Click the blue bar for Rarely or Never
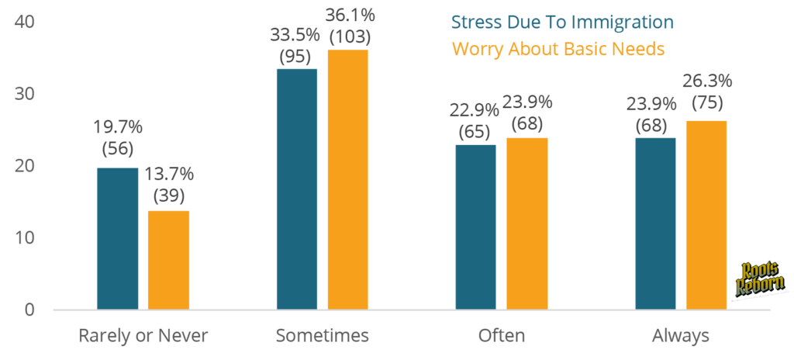click(x=117, y=238)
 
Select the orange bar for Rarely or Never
click(x=168, y=260)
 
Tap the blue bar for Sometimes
click(x=297, y=189)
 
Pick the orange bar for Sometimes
click(x=348, y=179)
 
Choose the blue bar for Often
click(x=475, y=227)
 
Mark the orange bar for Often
click(x=526, y=223)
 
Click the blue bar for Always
click(x=655, y=223)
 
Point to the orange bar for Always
click(x=706, y=215)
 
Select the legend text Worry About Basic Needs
click(x=558, y=48)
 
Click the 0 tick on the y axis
click(x=29, y=310)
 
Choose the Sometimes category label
click(x=323, y=336)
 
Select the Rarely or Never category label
click(x=143, y=336)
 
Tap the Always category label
click(x=681, y=336)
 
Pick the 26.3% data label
click(x=707, y=81)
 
